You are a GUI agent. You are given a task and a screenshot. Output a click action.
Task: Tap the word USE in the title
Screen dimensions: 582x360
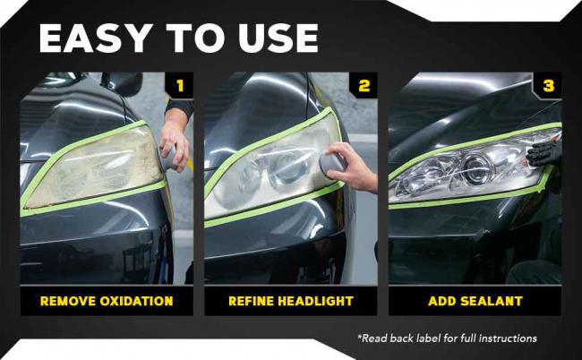coord(278,39)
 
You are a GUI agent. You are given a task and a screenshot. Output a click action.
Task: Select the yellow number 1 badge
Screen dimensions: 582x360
coord(180,86)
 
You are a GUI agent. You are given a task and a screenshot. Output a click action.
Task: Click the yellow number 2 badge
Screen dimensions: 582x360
coord(364,86)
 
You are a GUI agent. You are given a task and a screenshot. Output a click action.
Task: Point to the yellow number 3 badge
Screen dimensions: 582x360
coord(548,86)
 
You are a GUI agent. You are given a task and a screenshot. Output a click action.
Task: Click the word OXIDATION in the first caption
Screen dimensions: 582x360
coord(136,301)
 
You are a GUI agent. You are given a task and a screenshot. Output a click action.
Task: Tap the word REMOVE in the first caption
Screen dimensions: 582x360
coord(67,301)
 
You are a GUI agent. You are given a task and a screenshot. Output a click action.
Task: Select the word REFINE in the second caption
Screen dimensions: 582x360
coord(251,301)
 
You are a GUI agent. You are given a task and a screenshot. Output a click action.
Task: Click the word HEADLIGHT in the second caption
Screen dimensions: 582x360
coord(315,301)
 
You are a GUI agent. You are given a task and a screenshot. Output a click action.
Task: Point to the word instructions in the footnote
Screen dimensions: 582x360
coord(508,339)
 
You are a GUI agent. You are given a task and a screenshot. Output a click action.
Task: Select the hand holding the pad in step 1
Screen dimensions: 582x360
coord(175,143)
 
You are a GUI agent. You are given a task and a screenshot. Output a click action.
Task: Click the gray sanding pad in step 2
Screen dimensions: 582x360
coord(331,163)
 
